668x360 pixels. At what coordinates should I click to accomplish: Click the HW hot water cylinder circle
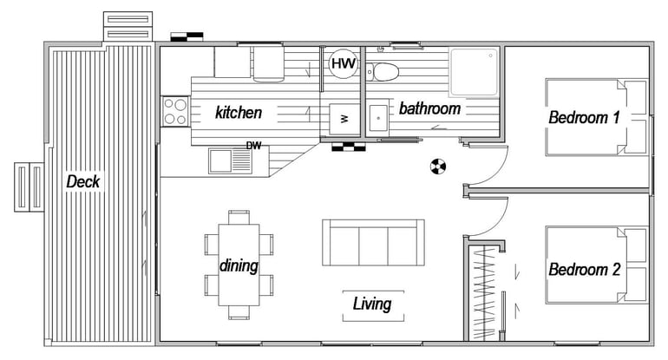(344, 64)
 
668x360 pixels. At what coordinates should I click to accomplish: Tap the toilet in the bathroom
(383, 72)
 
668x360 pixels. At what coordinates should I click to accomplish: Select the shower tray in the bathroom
(474, 72)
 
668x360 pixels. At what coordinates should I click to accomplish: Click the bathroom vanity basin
(378, 118)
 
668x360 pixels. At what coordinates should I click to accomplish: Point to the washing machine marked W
(344, 119)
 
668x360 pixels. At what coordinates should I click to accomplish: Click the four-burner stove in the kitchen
(175, 111)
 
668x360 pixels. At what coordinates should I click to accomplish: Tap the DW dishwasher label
(254, 146)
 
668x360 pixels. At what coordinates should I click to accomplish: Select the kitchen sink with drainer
(230, 160)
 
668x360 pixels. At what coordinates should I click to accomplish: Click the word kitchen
(239, 113)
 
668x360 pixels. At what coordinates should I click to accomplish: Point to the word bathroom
(429, 108)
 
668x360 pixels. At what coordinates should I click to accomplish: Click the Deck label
(83, 181)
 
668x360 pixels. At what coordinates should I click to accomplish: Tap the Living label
(372, 304)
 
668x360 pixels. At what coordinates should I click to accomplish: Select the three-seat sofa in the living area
(373, 242)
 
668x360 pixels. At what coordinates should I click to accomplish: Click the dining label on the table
(239, 265)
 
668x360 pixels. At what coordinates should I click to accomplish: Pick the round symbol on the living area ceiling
(438, 166)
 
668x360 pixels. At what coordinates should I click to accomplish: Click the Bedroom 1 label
(584, 117)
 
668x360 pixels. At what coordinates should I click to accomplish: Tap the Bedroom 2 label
(584, 269)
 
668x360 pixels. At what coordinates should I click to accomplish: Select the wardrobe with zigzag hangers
(484, 293)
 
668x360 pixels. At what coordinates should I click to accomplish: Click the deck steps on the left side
(29, 187)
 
